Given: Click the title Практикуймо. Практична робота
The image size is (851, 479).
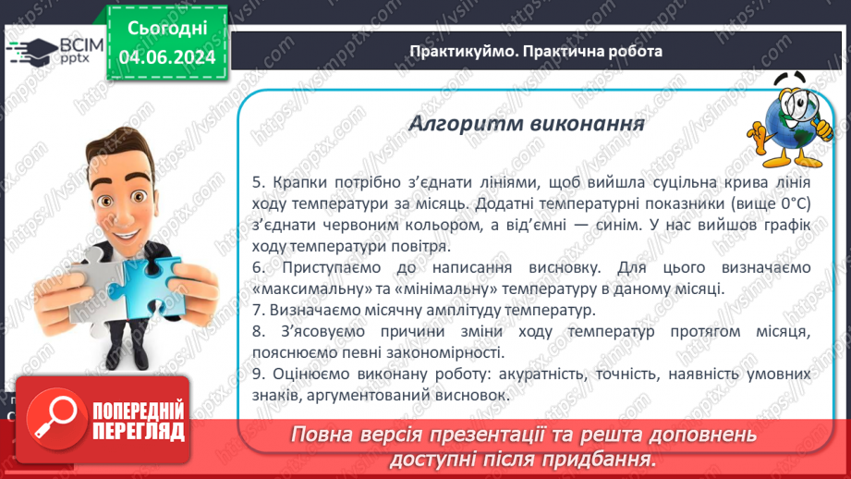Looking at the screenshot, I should pos(536,52).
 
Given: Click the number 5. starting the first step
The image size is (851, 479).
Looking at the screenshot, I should pos(258,183).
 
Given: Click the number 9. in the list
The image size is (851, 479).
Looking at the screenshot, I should pos(258,375).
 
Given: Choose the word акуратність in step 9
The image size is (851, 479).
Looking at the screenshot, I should pos(541,375).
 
